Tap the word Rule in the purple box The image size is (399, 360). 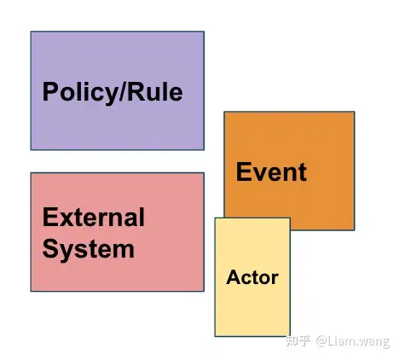tap(155, 91)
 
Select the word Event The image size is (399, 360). tap(271, 171)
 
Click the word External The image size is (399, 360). tap(94, 217)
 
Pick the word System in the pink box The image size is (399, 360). tap(89, 250)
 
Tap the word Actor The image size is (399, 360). tap(252, 277)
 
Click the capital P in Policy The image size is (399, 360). tap(50, 91)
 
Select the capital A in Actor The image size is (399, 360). tap(234, 277)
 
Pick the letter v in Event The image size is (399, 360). tap(260, 174)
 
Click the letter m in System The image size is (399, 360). tap(123, 251)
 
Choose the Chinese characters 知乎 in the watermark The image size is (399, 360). tap(298, 340)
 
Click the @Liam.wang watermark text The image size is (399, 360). tap(352, 341)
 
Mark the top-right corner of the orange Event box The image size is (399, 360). tap(355, 112)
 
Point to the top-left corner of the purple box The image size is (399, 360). tap(31, 32)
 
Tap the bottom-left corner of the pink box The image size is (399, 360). tap(31, 291)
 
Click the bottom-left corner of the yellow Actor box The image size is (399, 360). tap(215, 336)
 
